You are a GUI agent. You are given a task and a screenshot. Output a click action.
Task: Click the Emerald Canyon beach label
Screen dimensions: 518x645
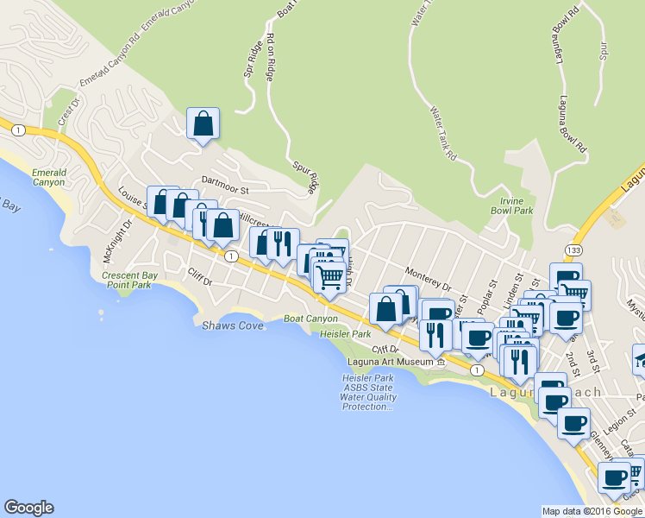(x=48, y=177)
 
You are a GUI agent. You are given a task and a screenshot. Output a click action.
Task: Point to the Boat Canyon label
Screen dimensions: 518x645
(x=310, y=319)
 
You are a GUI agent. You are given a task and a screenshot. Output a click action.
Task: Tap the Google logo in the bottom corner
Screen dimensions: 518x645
(x=28, y=508)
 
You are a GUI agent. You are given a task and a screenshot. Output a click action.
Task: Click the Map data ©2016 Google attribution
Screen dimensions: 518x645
(x=592, y=511)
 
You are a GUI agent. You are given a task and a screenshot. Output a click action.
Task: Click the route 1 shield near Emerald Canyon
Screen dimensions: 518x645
(x=16, y=129)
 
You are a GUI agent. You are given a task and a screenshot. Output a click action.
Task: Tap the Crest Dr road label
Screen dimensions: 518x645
(x=69, y=115)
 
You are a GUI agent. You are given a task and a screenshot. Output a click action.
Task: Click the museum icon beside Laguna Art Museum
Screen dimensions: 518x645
(x=441, y=362)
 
